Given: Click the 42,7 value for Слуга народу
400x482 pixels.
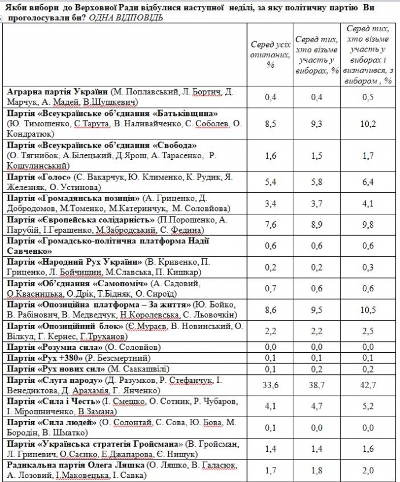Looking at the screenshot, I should pos(368,385).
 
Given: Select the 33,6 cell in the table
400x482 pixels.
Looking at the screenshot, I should pos(270,385).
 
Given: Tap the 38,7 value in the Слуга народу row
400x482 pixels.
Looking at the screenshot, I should pos(317,385).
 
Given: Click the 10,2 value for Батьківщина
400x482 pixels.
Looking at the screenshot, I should pos(368,123).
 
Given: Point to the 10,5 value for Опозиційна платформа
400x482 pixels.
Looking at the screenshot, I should pos(368,309).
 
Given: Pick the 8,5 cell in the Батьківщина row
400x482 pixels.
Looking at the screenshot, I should pos(270,123).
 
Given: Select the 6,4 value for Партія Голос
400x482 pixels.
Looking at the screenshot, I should pos(368,181).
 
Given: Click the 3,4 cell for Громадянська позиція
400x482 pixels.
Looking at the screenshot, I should pos(270,203).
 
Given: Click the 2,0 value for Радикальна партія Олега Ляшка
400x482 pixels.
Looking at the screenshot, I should pos(368,470).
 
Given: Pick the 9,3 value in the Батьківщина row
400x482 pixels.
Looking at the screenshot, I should pos(317,123).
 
